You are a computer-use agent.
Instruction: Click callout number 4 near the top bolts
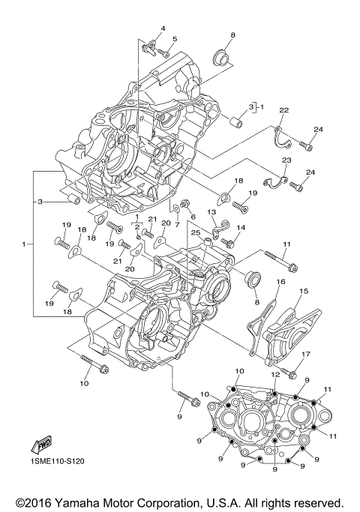[162, 28]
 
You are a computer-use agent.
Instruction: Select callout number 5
[174, 39]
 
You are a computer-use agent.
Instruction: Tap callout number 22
[283, 110]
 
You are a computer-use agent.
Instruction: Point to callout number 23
[286, 160]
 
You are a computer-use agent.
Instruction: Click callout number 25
[195, 233]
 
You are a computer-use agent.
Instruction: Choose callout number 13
[211, 213]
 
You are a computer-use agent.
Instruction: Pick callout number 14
[241, 227]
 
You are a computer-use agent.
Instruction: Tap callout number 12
[275, 375]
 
